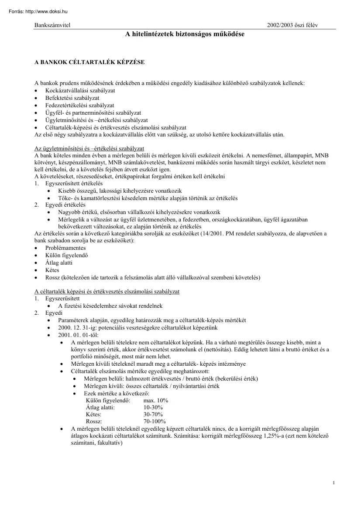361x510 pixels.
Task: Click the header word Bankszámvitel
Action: click(52, 25)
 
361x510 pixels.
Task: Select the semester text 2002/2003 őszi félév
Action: click(292, 25)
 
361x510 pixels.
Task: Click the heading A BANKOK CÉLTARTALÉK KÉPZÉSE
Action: click(89, 62)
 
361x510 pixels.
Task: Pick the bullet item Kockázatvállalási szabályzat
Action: click(80, 90)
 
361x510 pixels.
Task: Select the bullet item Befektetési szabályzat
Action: click(72, 98)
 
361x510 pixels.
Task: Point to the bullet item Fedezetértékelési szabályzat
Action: click(79, 105)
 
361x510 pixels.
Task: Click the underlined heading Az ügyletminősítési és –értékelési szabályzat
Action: click(89, 149)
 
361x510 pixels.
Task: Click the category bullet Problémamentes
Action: click(65, 248)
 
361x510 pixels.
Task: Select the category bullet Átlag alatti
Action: click(59, 262)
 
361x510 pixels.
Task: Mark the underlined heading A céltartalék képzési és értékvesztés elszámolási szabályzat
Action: click(107, 291)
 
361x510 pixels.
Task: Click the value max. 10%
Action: click(155, 400)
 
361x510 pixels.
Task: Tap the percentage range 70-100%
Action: click(155, 422)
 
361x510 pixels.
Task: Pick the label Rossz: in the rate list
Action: click(94, 422)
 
